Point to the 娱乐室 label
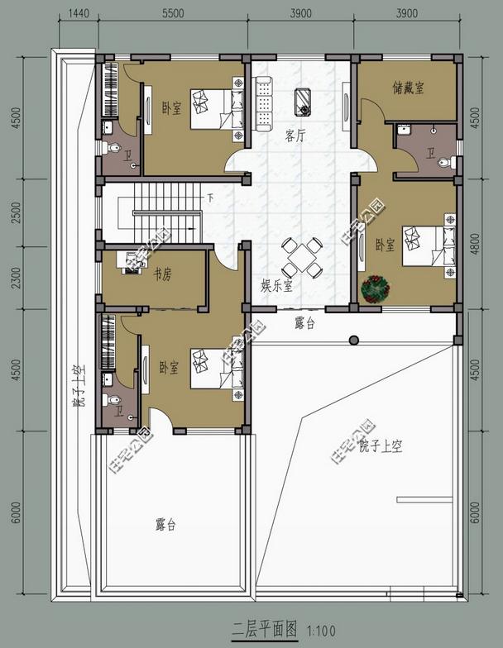pyautogui.click(x=277, y=286)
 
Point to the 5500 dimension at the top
pyautogui.click(x=174, y=14)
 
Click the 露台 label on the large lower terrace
pyautogui.click(x=165, y=525)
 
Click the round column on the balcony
pyautogui.click(x=354, y=339)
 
